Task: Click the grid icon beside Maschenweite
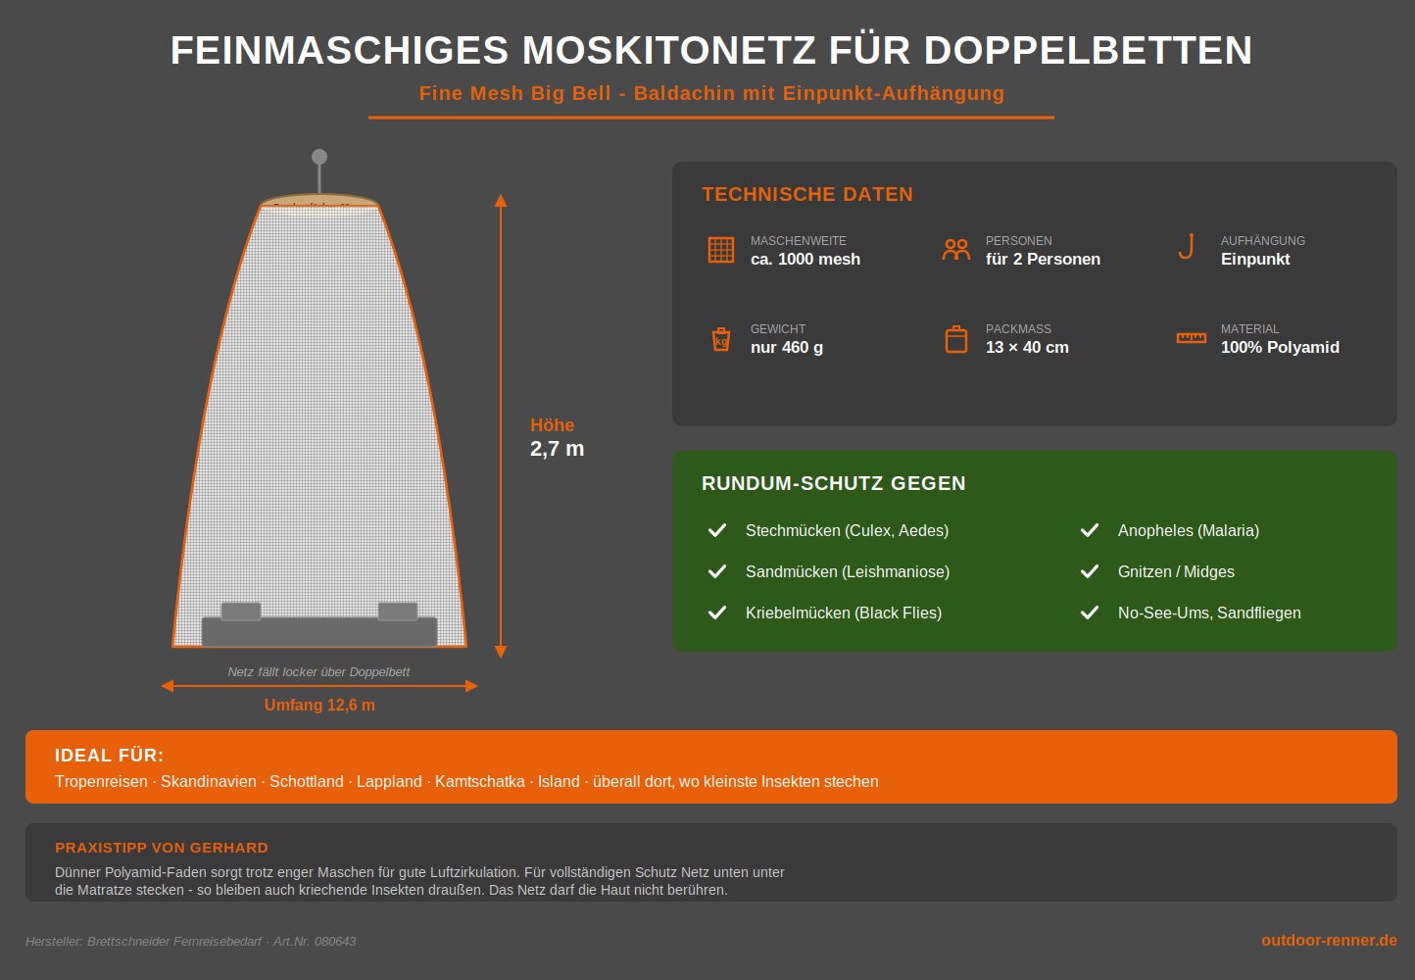click(721, 250)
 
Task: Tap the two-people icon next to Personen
click(956, 250)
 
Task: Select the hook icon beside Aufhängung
click(1187, 247)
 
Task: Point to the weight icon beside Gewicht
click(721, 339)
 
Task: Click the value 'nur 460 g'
click(787, 348)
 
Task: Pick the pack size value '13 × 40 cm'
click(1027, 348)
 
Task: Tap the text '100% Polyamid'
click(1280, 348)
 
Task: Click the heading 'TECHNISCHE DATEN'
click(807, 195)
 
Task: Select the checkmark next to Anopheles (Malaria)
click(1090, 530)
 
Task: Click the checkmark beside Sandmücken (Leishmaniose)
click(717, 571)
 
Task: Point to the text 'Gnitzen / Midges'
click(1176, 572)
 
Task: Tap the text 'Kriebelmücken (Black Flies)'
click(844, 613)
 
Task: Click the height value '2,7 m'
click(557, 449)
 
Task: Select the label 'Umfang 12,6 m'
click(319, 706)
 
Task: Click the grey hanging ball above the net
click(319, 157)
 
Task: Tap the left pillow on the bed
click(241, 612)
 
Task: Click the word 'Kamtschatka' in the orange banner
click(480, 782)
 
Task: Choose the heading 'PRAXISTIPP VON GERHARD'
click(162, 848)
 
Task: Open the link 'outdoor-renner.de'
click(1329, 941)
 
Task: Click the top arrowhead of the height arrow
click(501, 201)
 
